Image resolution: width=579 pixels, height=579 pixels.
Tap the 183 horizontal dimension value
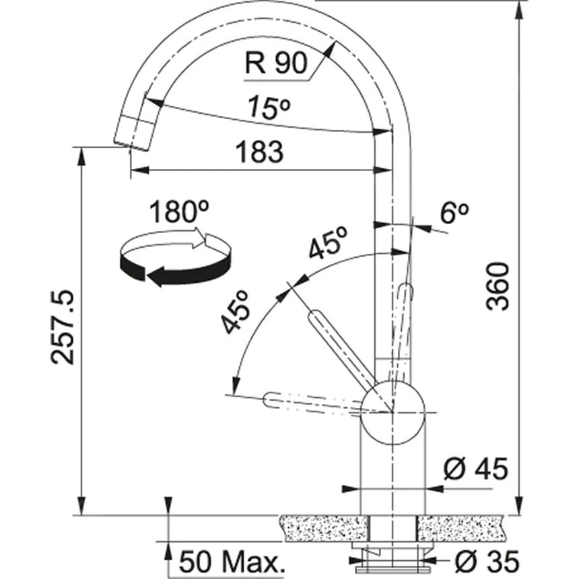coord(260,152)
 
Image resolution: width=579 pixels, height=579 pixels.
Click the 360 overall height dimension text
coord(498,286)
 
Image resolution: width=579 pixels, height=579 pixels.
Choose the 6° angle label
coord(454,213)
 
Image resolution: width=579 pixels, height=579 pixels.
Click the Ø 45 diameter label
coord(476,469)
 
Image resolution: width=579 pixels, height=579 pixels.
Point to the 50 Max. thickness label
coord(222,561)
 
